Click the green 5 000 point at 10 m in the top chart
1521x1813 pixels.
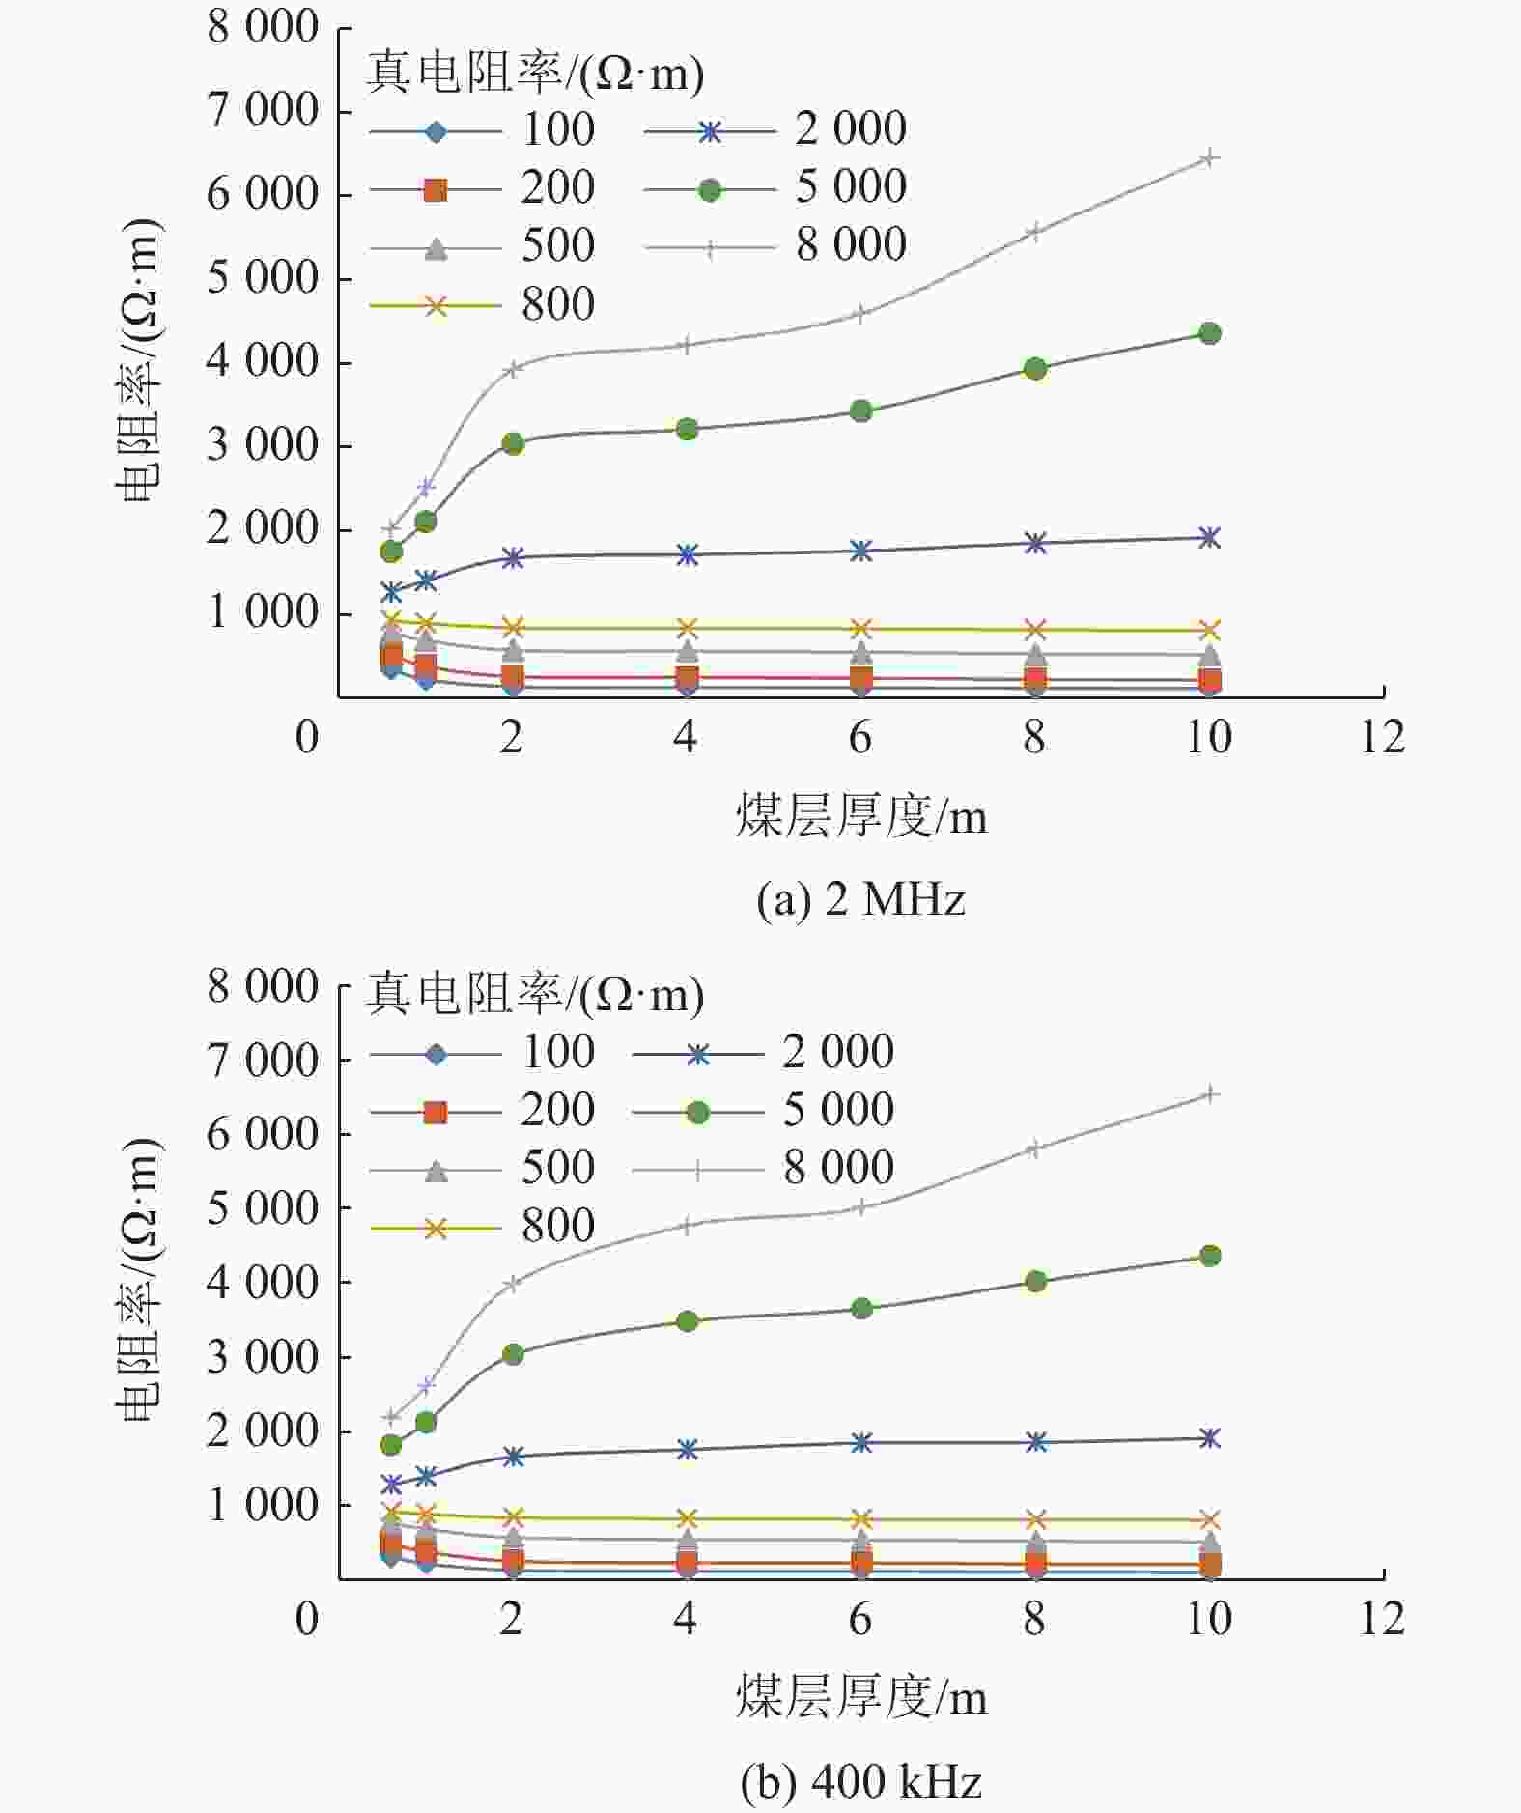(1209, 333)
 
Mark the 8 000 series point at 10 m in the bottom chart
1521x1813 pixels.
(1209, 1094)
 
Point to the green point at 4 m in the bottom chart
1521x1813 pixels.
(687, 1321)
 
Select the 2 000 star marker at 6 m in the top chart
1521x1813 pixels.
(860, 551)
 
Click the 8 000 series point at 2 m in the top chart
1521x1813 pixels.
(513, 368)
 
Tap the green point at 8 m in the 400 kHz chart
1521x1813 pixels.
(1035, 1282)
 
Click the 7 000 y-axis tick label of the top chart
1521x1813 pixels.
(262, 110)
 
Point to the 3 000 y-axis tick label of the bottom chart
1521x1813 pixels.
(262, 1357)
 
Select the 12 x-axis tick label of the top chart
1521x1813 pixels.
(1382, 738)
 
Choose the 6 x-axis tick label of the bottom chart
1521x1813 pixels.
(860, 1619)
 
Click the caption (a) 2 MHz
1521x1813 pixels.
(860, 899)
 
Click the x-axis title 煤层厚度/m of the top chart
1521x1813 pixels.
(860, 817)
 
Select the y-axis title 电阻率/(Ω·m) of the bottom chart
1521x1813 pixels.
(139, 1280)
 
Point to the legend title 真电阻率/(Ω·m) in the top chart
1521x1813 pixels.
(534, 72)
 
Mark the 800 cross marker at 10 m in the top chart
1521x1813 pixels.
(1209, 631)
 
